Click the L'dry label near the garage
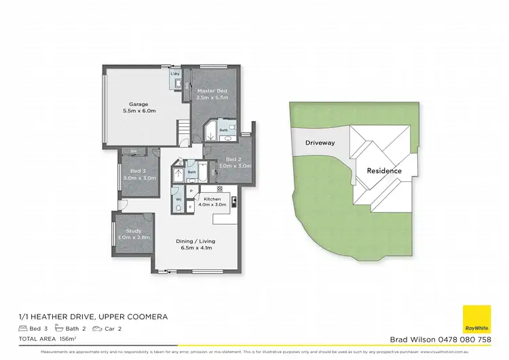[174, 73]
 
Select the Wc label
[178, 199]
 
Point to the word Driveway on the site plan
[319, 143]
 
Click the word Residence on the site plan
[384, 170]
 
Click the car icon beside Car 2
[98, 328]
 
